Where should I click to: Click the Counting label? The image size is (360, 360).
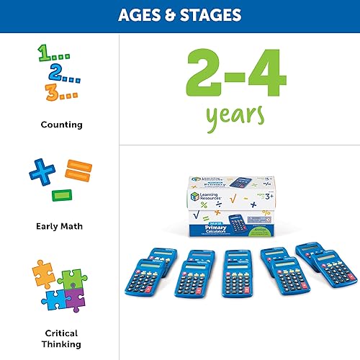pos(61,125)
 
